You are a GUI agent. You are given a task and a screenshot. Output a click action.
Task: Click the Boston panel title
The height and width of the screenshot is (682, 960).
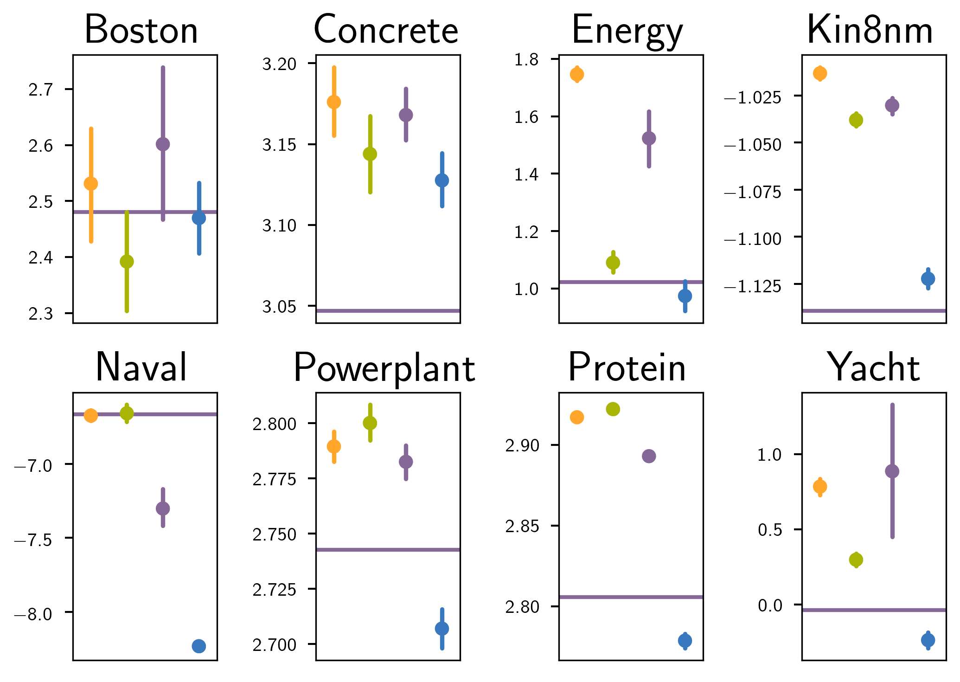(141, 31)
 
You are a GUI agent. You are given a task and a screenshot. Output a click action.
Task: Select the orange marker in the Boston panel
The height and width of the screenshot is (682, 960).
(91, 184)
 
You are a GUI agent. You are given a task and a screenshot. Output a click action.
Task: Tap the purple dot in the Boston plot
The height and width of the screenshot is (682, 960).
(163, 144)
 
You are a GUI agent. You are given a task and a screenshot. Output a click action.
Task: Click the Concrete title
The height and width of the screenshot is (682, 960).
(386, 31)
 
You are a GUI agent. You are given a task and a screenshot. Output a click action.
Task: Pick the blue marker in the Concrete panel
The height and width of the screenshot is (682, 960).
(442, 180)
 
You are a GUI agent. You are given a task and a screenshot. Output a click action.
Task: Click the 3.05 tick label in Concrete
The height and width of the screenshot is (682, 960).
(279, 307)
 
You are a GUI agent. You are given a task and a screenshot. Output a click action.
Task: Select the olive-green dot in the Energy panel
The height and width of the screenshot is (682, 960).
(613, 263)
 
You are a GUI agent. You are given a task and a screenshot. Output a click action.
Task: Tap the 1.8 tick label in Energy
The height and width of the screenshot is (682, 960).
(526, 60)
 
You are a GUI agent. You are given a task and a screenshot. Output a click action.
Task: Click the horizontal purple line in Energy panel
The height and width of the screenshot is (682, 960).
(631, 282)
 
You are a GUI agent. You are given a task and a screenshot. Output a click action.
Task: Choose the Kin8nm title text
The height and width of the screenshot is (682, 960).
(870, 31)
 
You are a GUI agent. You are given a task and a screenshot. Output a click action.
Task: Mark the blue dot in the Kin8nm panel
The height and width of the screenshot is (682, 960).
(928, 279)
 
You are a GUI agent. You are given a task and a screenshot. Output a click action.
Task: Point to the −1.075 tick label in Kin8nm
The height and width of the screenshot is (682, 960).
(752, 191)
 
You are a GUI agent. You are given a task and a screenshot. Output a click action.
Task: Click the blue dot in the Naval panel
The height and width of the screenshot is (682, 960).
(199, 646)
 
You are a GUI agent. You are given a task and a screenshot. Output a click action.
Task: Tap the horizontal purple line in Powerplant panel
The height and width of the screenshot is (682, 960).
(388, 550)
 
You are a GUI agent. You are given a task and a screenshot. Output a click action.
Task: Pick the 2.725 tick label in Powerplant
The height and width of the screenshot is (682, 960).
(274, 590)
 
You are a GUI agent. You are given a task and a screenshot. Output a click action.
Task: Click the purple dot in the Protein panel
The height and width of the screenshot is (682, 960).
(649, 456)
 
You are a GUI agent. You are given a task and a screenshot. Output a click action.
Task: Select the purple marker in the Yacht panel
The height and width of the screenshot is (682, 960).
(892, 471)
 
